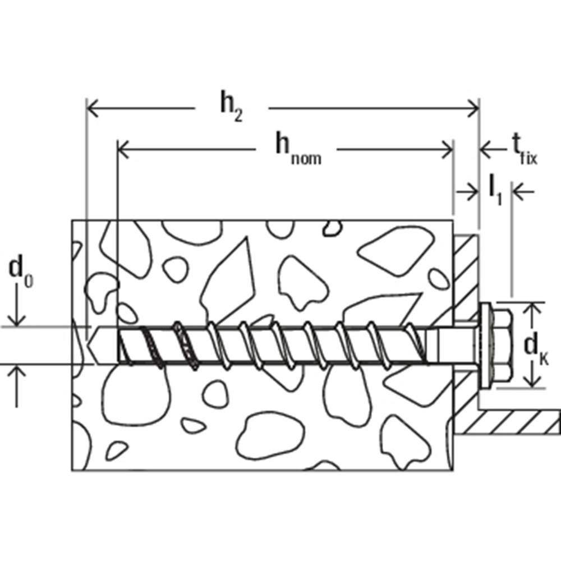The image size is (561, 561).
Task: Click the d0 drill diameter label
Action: (x=20, y=272)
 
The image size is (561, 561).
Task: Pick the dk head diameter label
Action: (x=536, y=346)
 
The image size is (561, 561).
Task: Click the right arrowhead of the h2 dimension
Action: (x=473, y=106)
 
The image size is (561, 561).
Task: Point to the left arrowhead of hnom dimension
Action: (x=123, y=149)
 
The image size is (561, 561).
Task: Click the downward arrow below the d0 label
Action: (x=19, y=320)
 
